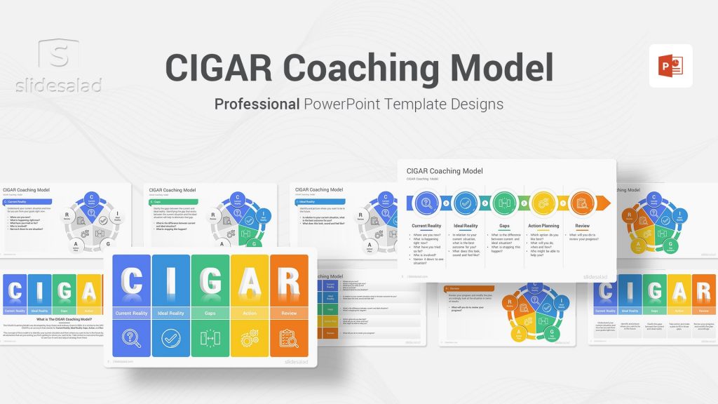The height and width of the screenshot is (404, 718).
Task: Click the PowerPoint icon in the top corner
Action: pyautogui.click(x=670, y=66)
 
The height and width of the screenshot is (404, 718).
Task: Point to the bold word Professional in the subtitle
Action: pyautogui.click(x=257, y=104)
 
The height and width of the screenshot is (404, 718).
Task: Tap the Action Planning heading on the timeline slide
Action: pyautogui.click(x=543, y=226)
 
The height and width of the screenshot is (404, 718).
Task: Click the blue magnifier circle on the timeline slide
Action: pyautogui.click(x=426, y=203)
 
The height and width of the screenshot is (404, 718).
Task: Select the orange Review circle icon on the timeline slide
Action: pyautogui.click(x=582, y=203)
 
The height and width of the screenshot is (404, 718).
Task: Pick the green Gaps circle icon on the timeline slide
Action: pyautogui.click(x=504, y=203)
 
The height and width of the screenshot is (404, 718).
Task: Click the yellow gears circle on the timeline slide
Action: pyautogui.click(x=543, y=203)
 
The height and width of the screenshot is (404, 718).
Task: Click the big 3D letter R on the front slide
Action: pyautogui.click(x=289, y=281)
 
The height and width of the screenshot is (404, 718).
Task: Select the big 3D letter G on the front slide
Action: pyautogui.click(x=210, y=281)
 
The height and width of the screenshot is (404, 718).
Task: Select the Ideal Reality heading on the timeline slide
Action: pyautogui.click(x=466, y=226)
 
